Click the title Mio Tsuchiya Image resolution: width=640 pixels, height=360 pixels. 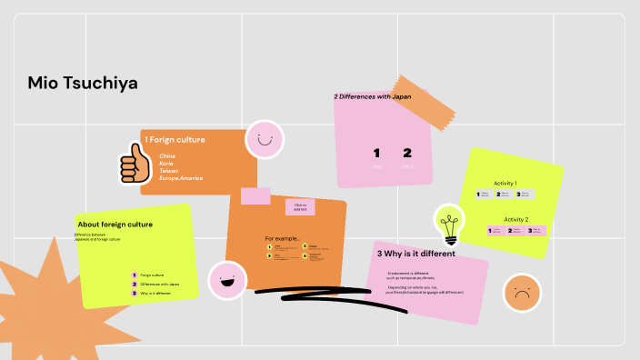click(83, 85)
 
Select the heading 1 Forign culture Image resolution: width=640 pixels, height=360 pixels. click(175, 140)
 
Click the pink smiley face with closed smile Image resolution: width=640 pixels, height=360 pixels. click(265, 140)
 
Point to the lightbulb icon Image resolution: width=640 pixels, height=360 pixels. click(448, 224)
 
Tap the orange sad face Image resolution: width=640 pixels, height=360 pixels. click(522, 293)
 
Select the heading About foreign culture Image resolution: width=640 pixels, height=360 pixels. click(115, 224)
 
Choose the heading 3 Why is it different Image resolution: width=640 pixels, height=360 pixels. click(415, 254)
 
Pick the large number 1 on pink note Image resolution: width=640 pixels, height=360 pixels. click(376, 154)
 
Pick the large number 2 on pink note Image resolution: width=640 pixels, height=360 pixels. click(407, 154)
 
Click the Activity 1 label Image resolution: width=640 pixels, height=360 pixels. click(505, 184)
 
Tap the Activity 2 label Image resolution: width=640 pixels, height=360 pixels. click(515, 219)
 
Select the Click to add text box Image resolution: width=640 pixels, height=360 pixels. click(300, 207)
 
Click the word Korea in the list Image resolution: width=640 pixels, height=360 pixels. click(167, 164)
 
